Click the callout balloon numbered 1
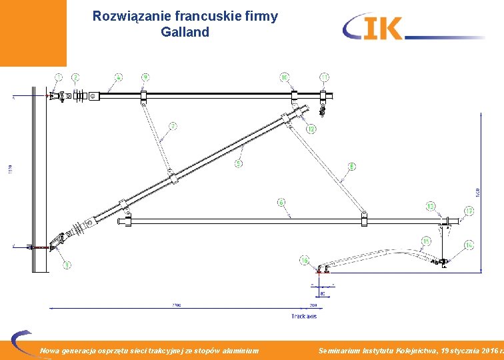point(59,77)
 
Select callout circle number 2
point(75,77)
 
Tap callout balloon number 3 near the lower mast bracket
point(67,265)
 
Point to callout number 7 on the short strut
point(173,125)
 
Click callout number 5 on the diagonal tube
point(238,163)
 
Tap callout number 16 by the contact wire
point(305,260)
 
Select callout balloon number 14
point(469,246)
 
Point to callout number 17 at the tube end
point(469,211)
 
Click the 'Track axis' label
point(303,316)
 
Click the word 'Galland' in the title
point(185,32)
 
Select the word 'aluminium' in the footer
point(237,350)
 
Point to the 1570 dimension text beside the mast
point(10,170)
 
